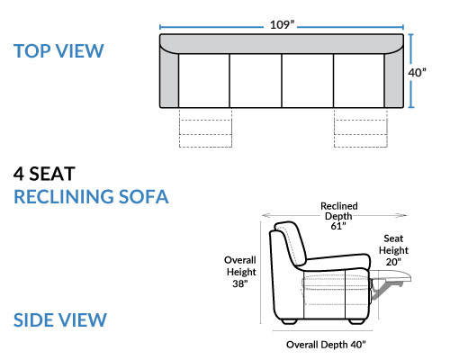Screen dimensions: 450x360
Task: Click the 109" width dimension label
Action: click(x=282, y=24)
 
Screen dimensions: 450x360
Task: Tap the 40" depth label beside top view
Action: click(x=417, y=73)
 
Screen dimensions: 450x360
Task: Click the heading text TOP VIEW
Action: click(x=58, y=51)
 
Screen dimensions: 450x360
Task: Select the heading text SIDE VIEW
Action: click(x=60, y=319)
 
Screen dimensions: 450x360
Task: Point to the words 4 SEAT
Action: click(x=44, y=174)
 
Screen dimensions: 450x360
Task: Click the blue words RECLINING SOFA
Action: click(x=91, y=197)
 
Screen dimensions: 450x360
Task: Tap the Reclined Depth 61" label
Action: click(x=339, y=216)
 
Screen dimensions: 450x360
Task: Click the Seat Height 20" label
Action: click(x=393, y=250)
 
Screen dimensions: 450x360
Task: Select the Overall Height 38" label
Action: click(x=240, y=272)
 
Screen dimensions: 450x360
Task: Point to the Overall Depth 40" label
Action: click(x=326, y=345)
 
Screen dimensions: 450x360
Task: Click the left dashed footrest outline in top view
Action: click(x=205, y=128)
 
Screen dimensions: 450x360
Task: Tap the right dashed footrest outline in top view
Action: click(x=361, y=128)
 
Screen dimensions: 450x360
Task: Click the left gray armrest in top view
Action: click(x=169, y=79)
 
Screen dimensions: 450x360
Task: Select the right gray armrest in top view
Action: click(x=394, y=79)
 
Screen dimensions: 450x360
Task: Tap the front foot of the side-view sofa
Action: click(x=355, y=321)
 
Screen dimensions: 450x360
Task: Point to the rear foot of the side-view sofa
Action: click(x=290, y=321)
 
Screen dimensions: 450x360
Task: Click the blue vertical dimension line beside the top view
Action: click(x=411, y=71)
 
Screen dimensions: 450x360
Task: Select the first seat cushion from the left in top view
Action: click(x=204, y=81)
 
